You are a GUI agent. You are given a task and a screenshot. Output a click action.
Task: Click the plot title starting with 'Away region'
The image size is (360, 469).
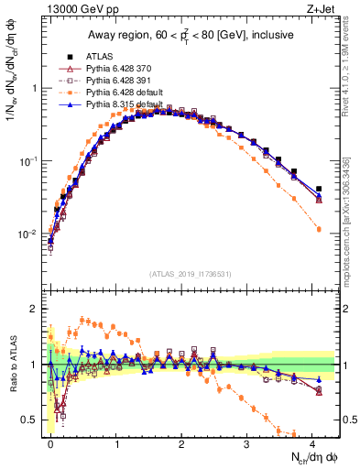192,35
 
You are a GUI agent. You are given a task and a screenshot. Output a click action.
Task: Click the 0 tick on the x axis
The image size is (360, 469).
51,442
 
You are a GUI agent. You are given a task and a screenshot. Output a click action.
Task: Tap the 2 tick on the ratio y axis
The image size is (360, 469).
38,309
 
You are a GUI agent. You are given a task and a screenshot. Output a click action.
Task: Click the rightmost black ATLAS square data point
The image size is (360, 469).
319,190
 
